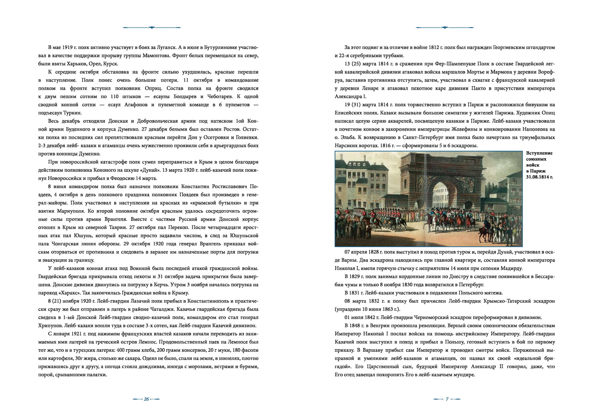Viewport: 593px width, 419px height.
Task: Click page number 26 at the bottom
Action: click(146, 399)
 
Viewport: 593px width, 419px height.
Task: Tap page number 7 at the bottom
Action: click(447, 399)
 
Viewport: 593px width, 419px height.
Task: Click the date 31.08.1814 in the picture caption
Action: click(539, 177)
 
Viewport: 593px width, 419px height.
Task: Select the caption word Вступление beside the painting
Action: click(539, 153)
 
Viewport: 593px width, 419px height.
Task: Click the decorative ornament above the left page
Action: click(151, 28)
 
